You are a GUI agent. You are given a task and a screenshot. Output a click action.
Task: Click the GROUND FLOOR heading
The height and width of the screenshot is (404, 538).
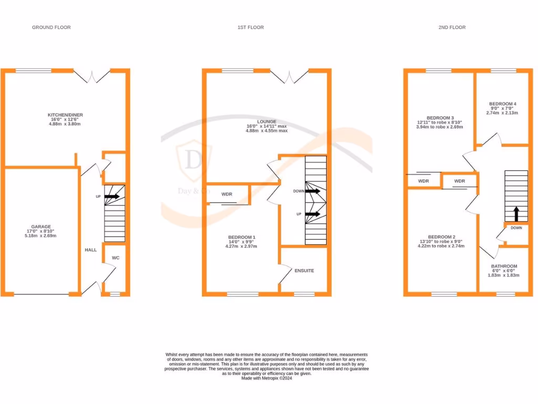coord(51,27)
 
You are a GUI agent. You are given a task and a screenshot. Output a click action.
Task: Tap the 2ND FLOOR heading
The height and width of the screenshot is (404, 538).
coord(452,27)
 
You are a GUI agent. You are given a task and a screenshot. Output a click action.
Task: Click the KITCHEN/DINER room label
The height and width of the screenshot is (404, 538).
coord(65,115)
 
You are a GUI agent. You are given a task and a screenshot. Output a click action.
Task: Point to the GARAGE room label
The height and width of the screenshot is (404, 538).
coord(41,227)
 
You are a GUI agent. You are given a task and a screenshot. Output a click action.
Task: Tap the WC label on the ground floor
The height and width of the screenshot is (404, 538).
coord(116,258)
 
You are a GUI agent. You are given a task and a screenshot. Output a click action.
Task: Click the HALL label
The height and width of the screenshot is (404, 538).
coord(90,250)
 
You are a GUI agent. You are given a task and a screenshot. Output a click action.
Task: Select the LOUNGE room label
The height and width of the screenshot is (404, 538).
coord(266,122)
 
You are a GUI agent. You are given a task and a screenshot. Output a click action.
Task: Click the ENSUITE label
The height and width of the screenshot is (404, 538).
coord(304,271)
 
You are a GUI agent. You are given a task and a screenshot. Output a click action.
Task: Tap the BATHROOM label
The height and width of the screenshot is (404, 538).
coord(504,266)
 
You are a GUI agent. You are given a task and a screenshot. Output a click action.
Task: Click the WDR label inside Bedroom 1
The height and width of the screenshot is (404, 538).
coord(227,194)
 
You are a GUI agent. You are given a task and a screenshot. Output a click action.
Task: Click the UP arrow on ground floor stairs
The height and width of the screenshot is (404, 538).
coord(112,197)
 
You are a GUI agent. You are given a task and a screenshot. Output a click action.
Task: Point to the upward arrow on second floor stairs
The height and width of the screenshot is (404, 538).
coord(516,214)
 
